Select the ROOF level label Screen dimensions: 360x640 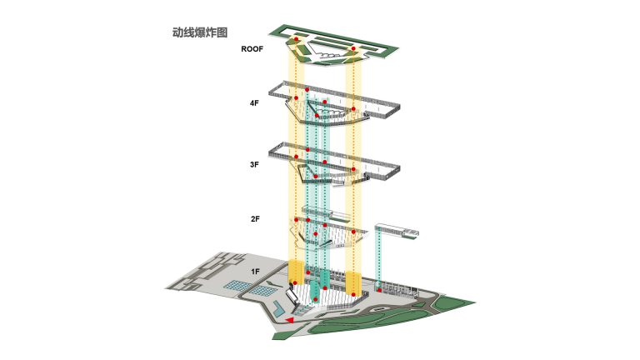click(x=252, y=49)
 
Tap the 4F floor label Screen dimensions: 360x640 click(x=253, y=103)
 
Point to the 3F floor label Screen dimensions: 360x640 click(x=253, y=165)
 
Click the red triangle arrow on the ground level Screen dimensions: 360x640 click(x=288, y=319)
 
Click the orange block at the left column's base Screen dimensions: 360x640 click(x=297, y=272)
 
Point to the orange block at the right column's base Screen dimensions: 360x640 click(x=353, y=281)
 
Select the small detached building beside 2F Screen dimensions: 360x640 click(x=396, y=231)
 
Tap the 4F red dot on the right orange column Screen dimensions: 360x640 click(x=354, y=109)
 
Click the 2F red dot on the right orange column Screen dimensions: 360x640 click(x=354, y=231)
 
